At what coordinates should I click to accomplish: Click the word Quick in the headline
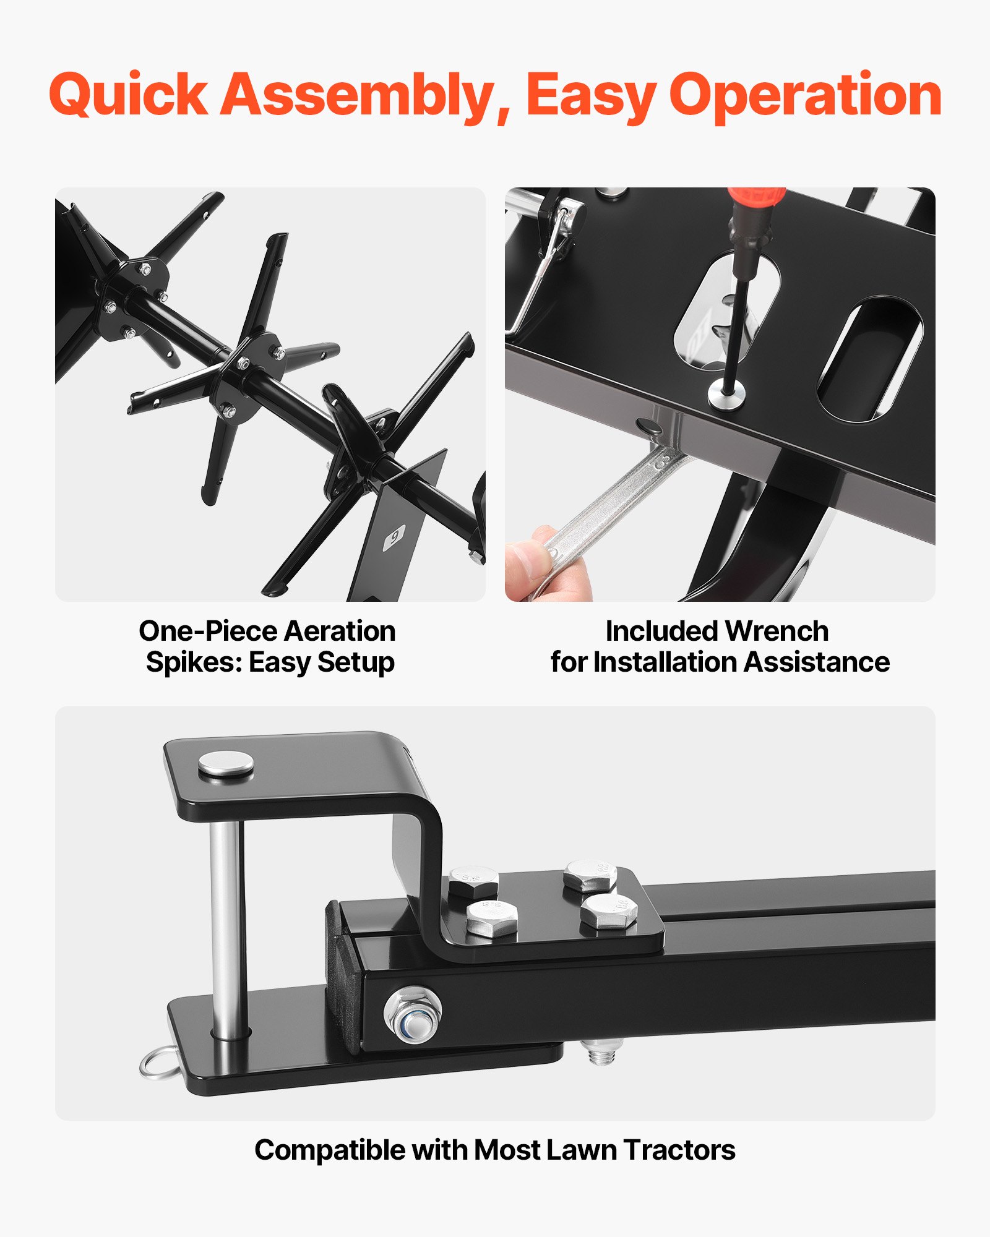(x=128, y=96)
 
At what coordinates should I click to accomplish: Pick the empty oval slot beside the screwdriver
(x=869, y=359)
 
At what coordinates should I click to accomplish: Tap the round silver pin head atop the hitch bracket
(x=225, y=764)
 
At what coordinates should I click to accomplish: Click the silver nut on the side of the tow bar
(x=412, y=1014)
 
